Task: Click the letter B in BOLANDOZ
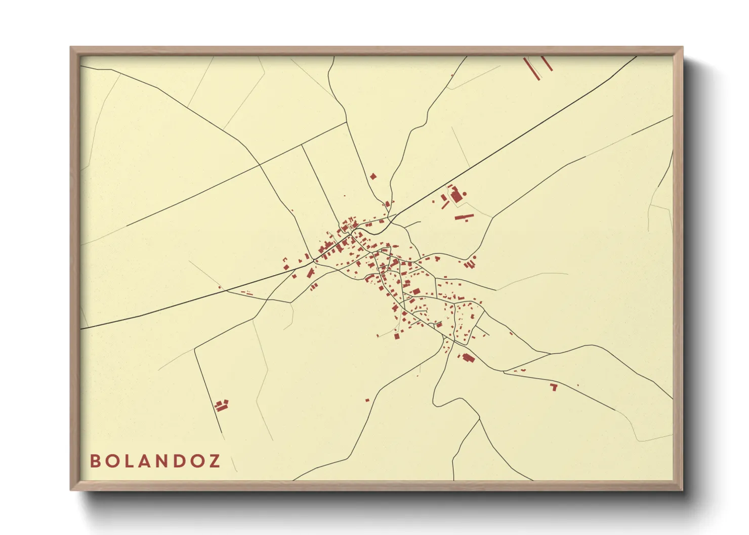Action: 95,461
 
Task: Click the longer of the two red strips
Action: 532,69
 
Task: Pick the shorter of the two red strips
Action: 547,63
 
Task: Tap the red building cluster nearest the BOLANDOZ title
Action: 221,405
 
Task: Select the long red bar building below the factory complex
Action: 464,217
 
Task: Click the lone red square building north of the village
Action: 373,176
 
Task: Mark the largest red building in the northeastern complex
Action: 457,196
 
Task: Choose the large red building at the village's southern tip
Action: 469,358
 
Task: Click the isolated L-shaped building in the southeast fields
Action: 554,387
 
